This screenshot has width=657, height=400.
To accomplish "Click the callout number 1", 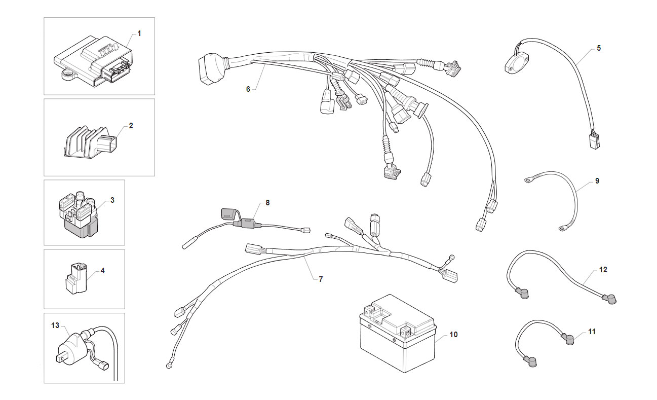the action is click(139, 33).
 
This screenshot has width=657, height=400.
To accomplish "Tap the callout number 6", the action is click(248, 89).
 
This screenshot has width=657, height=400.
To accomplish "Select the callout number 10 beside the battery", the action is click(453, 334).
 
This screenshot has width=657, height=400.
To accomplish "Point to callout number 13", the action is click(55, 325).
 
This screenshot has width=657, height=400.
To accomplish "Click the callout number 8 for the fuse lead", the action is click(267, 202).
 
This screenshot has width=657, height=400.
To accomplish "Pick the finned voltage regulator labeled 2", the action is click(90, 142).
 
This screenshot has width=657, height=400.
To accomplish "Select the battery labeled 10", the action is click(398, 333).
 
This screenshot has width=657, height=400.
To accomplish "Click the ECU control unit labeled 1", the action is click(93, 61).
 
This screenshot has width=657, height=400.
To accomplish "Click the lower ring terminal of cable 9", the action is click(563, 228).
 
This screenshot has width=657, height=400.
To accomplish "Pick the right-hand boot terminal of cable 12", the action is click(609, 299).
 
